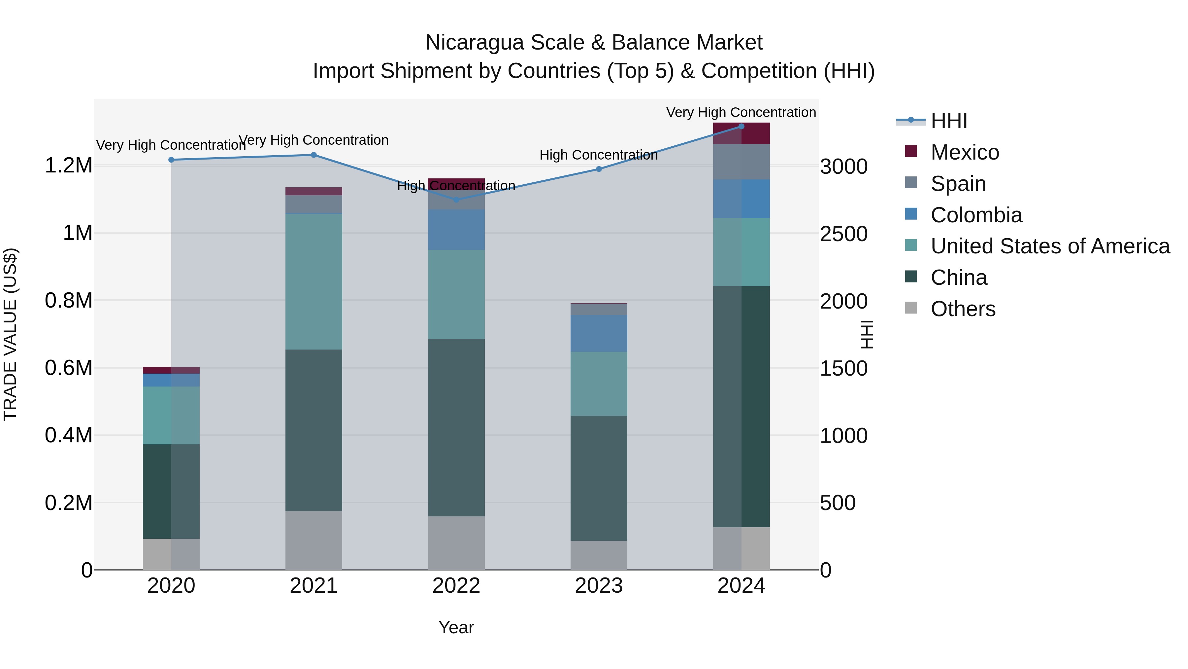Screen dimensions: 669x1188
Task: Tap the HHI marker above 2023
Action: click(x=599, y=169)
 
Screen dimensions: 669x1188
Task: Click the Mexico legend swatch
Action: click(x=911, y=151)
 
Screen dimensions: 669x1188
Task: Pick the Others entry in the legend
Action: click(x=963, y=309)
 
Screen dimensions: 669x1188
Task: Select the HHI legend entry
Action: click(x=949, y=121)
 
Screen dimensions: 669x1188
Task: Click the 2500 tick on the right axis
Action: click(x=843, y=234)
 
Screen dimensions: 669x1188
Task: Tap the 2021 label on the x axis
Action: click(x=313, y=586)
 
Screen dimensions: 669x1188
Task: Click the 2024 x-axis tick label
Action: click(x=741, y=586)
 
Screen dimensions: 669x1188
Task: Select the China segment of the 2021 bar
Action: click(x=313, y=430)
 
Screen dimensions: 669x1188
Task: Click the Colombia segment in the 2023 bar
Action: click(x=599, y=333)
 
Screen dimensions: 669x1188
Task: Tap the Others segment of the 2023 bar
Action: click(x=599, y=555)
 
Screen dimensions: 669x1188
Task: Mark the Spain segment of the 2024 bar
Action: click(x=741, y=162)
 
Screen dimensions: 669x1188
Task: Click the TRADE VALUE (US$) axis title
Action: click(x=10, y=334)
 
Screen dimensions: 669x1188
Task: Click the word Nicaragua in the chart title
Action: click(x=475, y=43)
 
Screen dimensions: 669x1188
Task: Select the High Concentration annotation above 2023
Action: click(x=599, y=155)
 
